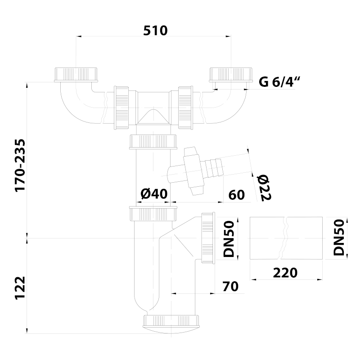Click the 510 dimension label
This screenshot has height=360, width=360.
click(155, 31)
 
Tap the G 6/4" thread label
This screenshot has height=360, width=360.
click(279, 82)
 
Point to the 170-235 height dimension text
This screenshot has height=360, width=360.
click(20, 165)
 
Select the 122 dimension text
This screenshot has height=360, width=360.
click(20, 288)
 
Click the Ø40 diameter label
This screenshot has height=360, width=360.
click(154, 194)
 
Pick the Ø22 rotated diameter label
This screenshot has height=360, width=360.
click(264, 188)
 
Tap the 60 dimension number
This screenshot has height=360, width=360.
click(237, 195)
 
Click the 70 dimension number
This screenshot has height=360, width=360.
click(230, 287)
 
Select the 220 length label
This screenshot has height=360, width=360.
click(285, 273)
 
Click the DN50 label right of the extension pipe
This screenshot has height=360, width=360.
click(339, 238)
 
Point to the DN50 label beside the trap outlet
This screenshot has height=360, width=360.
click(229, 239)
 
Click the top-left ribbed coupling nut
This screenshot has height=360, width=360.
click(76, 75)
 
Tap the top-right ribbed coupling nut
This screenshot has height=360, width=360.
click(231, 75)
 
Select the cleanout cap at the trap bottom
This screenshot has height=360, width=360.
click(171, 323)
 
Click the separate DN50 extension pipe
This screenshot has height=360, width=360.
click(286, 238)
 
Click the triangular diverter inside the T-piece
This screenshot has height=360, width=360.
click(153, 117)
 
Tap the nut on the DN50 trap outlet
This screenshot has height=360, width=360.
click(208, 238)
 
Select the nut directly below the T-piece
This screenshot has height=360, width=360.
click(153, 142)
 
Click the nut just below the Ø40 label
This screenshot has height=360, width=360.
click(153, 214)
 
